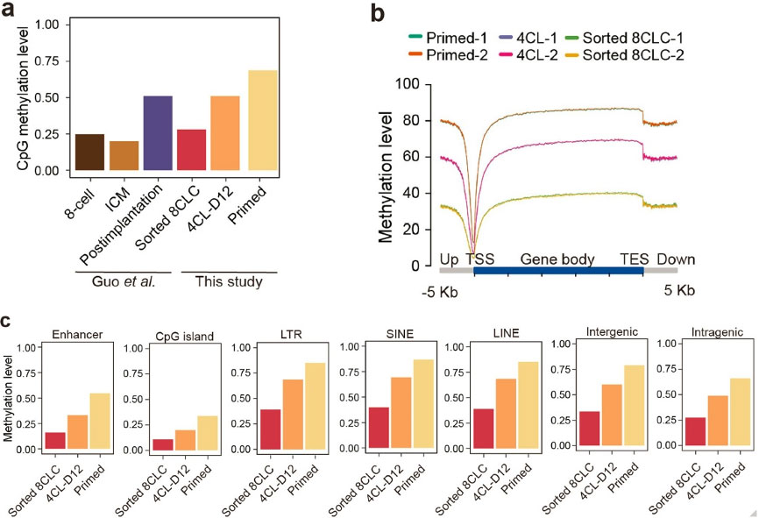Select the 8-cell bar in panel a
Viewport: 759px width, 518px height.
click(x=89, y=152)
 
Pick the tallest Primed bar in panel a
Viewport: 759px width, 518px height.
click(x=262, y=120)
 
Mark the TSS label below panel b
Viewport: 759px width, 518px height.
click(x=480, y=259)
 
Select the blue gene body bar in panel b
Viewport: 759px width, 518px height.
click(x=558, y=273)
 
